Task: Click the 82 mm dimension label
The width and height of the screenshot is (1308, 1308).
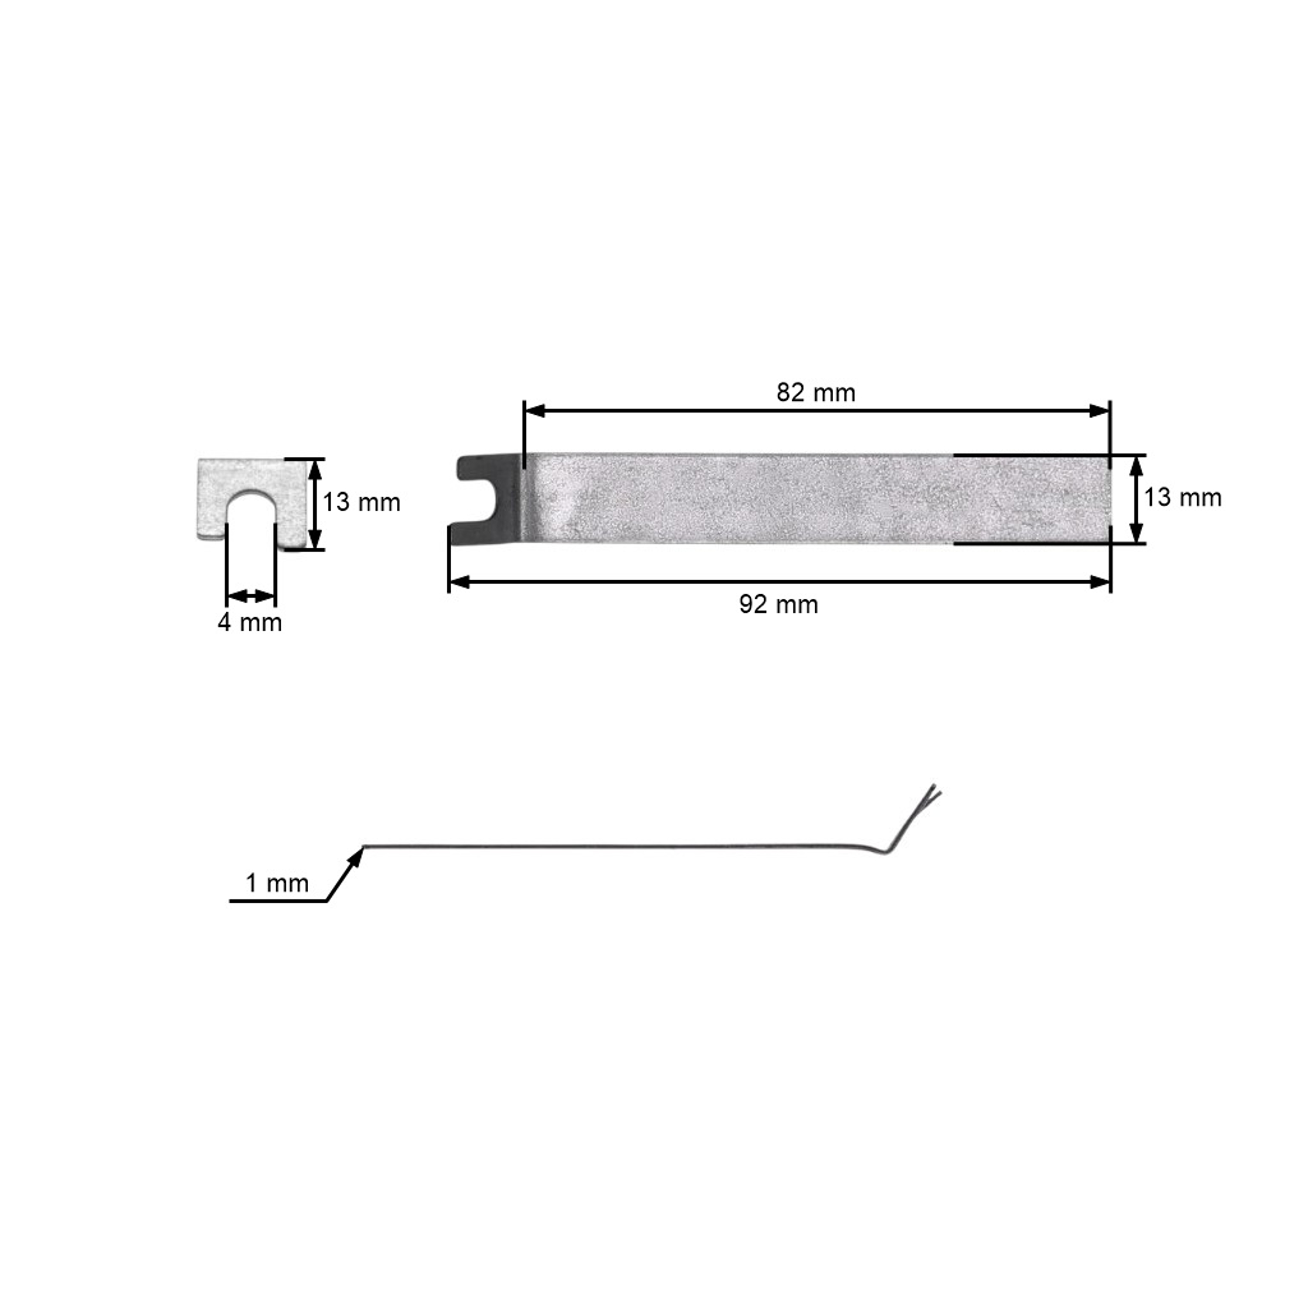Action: click(816, 393)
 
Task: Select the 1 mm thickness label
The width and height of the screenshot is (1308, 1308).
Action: click(277, 883)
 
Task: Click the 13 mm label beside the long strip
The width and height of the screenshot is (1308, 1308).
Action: click(1183, 497)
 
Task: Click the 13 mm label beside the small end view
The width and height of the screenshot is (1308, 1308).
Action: click(361, 502)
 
